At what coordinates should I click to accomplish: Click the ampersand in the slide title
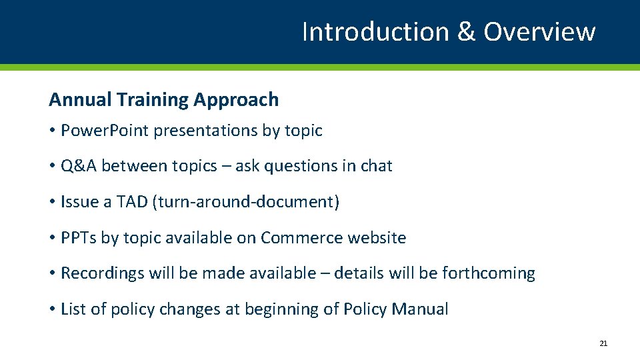[466, 31]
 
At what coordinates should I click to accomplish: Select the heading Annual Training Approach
[163, 99]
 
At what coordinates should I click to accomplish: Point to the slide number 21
[603, 343]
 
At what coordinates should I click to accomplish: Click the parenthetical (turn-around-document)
[246, 202]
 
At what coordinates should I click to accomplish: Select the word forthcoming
[489, 273]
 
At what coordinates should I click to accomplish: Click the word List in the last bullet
[71, 309]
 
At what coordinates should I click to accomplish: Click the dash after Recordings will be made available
[325, 274]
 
